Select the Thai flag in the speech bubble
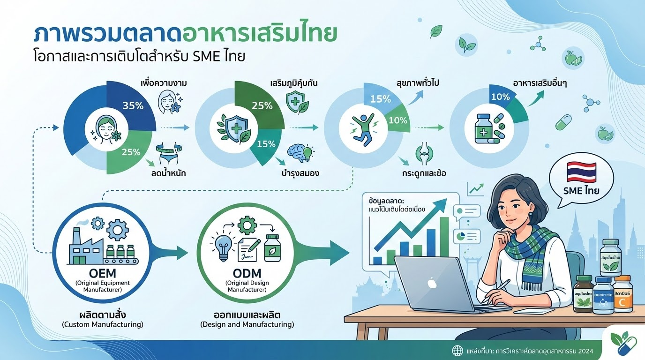581,172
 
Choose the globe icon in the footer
457,350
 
